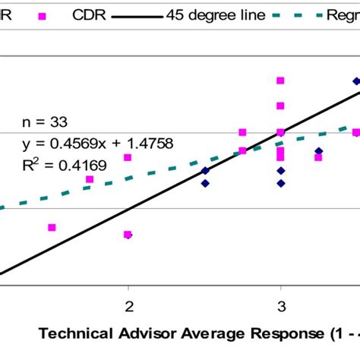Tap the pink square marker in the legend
pos(42,15)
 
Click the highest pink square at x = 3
pos(280,81)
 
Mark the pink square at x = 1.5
pos(52,227)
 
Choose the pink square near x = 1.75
pos(90,179)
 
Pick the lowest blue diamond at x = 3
pos(280,183)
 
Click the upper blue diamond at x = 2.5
pos(204,171)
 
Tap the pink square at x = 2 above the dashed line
pos(128,157)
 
